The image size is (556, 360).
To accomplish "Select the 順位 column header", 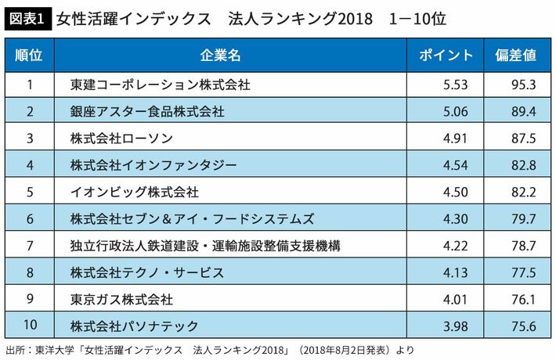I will click(x=29, y=56).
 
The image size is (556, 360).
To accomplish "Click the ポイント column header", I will click(x=446, y=56).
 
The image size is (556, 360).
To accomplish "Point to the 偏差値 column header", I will click(x=516, y=56).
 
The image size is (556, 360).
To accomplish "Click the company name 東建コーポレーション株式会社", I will click(x=160, y=85).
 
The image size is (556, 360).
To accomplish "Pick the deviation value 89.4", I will click(x=522, y=111).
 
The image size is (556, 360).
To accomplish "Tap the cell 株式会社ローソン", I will click(x=121, y=139).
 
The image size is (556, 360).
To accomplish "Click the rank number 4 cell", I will click(x=29, y=165).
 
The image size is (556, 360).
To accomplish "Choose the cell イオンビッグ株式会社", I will click(x=134, y=192).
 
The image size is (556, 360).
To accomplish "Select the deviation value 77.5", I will click(x=522, y=272).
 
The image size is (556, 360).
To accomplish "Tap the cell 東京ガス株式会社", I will click(x=121, y=299).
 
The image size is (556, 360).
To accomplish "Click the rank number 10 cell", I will click(x=29, y=326).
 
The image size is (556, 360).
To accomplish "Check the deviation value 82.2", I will click(x=522, y=192).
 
